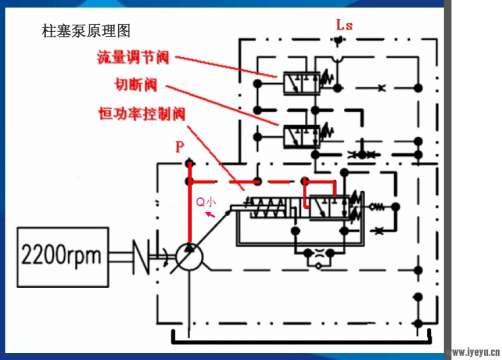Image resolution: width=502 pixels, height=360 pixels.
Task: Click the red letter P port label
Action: [180, 148]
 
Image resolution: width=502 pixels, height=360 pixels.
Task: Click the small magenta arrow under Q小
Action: [207, 212]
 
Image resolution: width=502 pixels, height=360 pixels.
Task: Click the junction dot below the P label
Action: [188, 183]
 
